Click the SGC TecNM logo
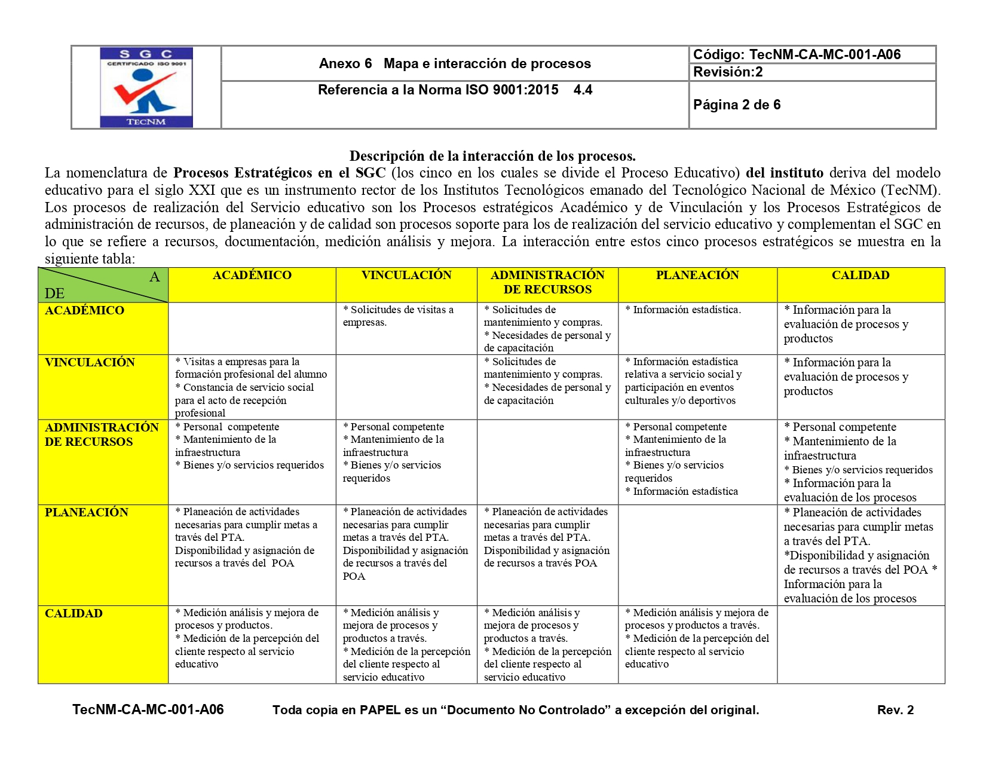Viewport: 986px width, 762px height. coord(146,87)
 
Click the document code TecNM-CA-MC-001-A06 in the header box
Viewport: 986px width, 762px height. coord(797,55)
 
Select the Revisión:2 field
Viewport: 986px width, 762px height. coord(728,72)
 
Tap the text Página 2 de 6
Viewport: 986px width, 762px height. coord(737,105)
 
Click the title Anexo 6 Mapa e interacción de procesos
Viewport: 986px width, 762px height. coord(455,64)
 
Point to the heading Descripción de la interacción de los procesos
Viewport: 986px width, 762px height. coord(492,157)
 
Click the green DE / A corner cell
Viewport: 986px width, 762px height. coord(103,285)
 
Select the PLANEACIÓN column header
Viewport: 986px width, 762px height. coord(697,276)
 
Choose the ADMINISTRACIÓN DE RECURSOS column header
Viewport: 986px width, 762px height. coord(547,283)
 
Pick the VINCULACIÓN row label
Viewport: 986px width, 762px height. coord(90,363)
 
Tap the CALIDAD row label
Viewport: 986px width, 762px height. coord(74,614)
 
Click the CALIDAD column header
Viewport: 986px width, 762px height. coord(861,276)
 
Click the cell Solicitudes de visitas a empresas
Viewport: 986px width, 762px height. coord(398,316)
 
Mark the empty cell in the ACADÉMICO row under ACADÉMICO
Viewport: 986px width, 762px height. coord(252,328)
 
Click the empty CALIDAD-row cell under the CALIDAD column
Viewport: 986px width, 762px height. coord(861,644)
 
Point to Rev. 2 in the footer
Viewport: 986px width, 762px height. coord(895,710)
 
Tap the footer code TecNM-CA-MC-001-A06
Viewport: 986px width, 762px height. coord(148,710)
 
